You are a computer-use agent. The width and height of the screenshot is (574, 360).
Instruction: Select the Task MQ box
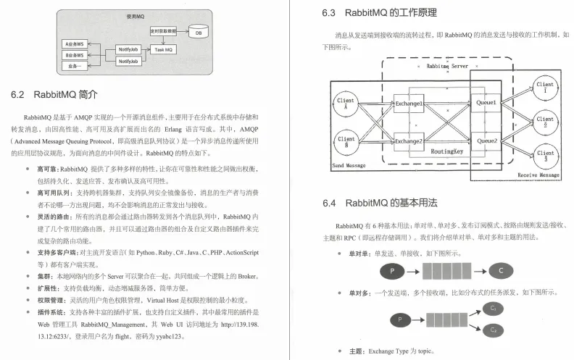click(x=163, y=49)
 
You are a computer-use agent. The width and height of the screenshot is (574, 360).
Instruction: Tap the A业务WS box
click(x=74, y=44)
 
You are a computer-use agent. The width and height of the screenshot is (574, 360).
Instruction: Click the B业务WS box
click(x=74, y=55)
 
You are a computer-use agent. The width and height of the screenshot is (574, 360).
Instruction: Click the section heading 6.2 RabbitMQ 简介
click(x=54, y=95)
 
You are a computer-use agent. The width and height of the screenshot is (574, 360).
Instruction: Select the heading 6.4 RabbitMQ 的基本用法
click(x=380, y=203)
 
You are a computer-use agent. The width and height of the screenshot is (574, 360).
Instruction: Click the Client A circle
click(x=346, y=104)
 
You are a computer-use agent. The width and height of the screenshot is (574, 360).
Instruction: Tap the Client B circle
click(x=346, y=142)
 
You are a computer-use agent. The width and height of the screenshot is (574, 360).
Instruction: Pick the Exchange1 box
click(x=408, y=104)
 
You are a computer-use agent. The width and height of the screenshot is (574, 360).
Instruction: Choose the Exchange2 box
click(x=408, y=141)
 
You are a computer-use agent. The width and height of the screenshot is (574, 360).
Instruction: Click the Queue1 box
click(x=486, y=104)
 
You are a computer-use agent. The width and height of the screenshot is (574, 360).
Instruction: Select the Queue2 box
click(x=486, y=141)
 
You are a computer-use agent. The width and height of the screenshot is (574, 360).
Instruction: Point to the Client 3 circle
click(x=544, y=152)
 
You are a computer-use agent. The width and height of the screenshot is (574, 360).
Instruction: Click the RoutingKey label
click(x=447, y=152)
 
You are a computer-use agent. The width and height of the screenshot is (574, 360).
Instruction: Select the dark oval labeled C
click(x=500, y=272)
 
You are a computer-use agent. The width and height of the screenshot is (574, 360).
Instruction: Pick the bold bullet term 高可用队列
click(x=54, y=193)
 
